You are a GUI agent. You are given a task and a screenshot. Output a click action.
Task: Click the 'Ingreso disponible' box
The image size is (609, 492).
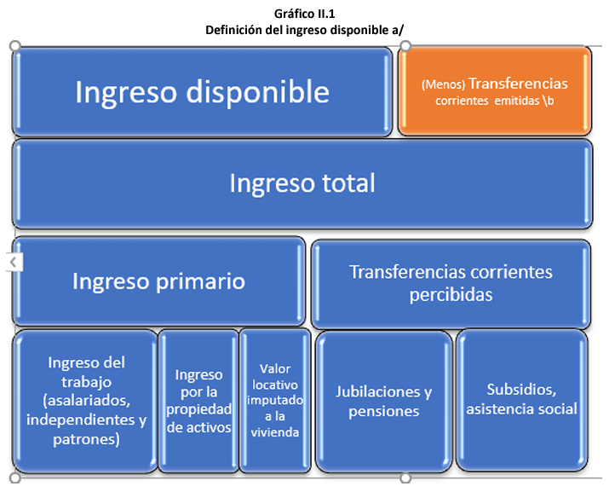pyautogui.click(x=202, y=91)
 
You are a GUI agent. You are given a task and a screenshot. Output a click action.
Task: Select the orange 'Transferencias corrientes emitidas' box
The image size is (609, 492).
pyautogui.click(x=495, y=91)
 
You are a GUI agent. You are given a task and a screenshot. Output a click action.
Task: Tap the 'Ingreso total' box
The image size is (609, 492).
pyautogui.click(x=302, y=183)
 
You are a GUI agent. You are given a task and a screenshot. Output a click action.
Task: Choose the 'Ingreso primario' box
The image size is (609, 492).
pyautogui.click(x=159, y=281)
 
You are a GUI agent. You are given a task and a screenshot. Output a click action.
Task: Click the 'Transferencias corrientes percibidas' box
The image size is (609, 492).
pyautogui.click(x=451, y=282)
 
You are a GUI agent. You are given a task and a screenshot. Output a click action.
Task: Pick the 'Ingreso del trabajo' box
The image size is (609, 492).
pyautogui.click(x=85, y=400)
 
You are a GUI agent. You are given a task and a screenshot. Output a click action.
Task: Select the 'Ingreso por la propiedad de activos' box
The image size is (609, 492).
pyautogui.click(x=198, y=400)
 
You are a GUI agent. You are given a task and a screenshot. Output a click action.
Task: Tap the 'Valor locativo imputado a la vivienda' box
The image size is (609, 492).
pyautogui.click(x=275, y=400)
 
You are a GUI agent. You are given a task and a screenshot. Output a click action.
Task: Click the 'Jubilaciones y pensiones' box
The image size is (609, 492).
pyautogui.click(x=383, y=400)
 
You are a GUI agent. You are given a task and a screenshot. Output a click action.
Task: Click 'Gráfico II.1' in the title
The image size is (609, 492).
pyautogui.click(x=304, y=14)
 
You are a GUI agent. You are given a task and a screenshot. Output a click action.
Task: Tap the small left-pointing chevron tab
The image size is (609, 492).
pyautogui.click(x=12, y=262)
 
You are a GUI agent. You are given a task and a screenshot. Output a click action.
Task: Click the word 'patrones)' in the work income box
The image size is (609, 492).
pyautogui.click(x=85, y=439)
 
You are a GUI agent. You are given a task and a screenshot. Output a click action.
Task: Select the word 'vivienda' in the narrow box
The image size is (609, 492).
pyautogui.click(x=275, y=431)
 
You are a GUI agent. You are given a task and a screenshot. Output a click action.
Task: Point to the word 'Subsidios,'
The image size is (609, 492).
pyautogui.click(x=521, y=390)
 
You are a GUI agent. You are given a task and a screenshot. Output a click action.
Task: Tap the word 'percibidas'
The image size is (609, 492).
pyautogui.click(x=451, y=295)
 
